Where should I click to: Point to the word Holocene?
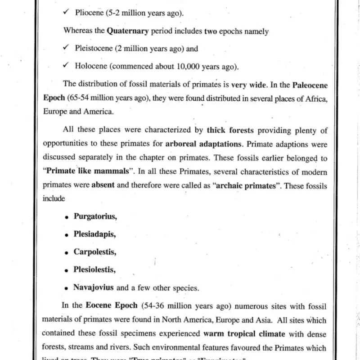point(90,67)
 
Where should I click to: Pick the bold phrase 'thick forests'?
point(230,131)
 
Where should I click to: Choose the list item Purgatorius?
point(95,216)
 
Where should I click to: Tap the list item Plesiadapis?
point(94,234)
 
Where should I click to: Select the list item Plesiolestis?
point(94,270)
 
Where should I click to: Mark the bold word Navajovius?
point(94,287)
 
